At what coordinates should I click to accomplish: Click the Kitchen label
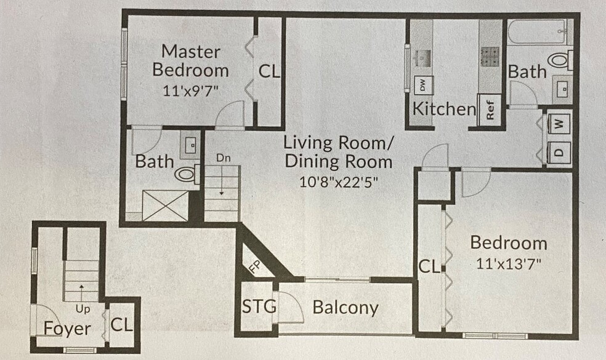(x=443, y=110)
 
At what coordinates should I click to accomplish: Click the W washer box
(x=559, y=122)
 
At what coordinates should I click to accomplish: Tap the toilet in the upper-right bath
(x=559, y=60)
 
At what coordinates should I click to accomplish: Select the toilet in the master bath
(x=186, y=174)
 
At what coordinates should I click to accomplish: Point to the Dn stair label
(x=223, y=158)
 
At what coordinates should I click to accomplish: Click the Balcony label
(x=345, y=308)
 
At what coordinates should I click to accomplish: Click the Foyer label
(x=67, y=329)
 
